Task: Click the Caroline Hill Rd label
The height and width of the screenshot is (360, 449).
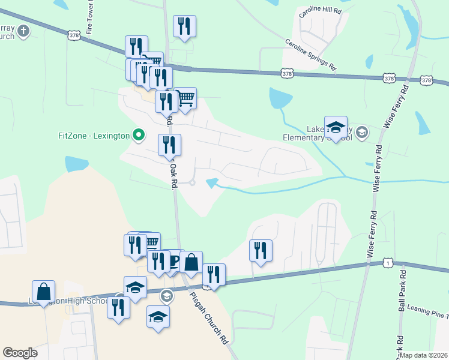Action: pyautogui.click(x=321, y=11)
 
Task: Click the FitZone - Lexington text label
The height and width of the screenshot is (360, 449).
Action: pyautogui.click(x=94, y=136)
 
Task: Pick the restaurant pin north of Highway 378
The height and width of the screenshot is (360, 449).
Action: pyautogui.click(x=184, y=26)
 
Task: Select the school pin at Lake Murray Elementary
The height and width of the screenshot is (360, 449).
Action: pyautogui.click(x=336, y=127)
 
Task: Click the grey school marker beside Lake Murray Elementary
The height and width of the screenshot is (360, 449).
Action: pyautogui.click(x=361, y=132)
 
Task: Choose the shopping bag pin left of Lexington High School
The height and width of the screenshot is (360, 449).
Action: pyautogui.click(x=44, y=292)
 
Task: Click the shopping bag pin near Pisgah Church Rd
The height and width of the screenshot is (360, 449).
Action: pyautogui.click(x=191, y=262)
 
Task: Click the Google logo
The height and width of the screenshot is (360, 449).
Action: pyautogui.click(x=20, y=352)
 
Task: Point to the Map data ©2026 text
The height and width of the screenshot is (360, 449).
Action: pyautogui.click(x=424, y=355)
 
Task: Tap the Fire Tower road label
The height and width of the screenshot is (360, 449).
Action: pyautogui.click(x=92, y=18)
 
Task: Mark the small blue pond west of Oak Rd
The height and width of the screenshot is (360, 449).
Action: pyautogui.click(x=77, y=163)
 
